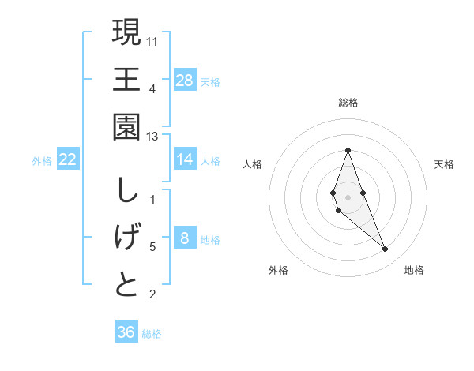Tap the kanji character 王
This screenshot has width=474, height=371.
coord(126,80)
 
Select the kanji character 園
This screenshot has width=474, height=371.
coord(126,127)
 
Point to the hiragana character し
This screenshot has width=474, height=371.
coord(126,191)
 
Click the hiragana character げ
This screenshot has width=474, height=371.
coord(126,238)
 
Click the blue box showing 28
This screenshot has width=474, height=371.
coord(184,81)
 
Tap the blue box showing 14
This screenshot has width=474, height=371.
coord(184,159)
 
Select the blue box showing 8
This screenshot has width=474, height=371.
coord(184,238)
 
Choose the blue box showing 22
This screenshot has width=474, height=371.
coord(68,159)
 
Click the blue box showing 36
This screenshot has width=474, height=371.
coord(126,332)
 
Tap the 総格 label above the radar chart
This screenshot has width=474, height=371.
coord(348,103)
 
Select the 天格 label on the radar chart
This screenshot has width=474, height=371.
coord(445,164)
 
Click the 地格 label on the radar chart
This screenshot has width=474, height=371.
coord(414,271)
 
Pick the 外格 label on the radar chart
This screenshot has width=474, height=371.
coord(278,271)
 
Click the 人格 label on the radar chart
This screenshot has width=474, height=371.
coord(252,164)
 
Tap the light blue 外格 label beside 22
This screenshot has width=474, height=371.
coord(42,161)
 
